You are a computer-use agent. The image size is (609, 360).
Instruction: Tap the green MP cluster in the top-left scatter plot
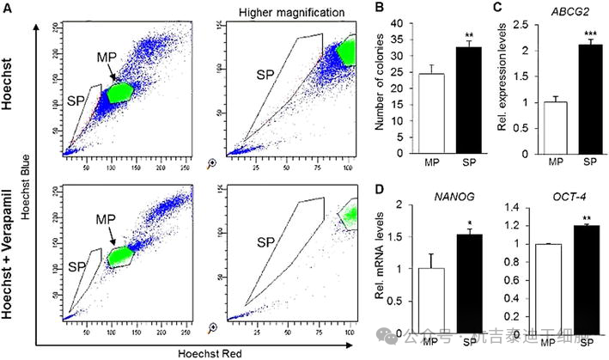121,92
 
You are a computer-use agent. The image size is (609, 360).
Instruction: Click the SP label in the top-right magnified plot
265,76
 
